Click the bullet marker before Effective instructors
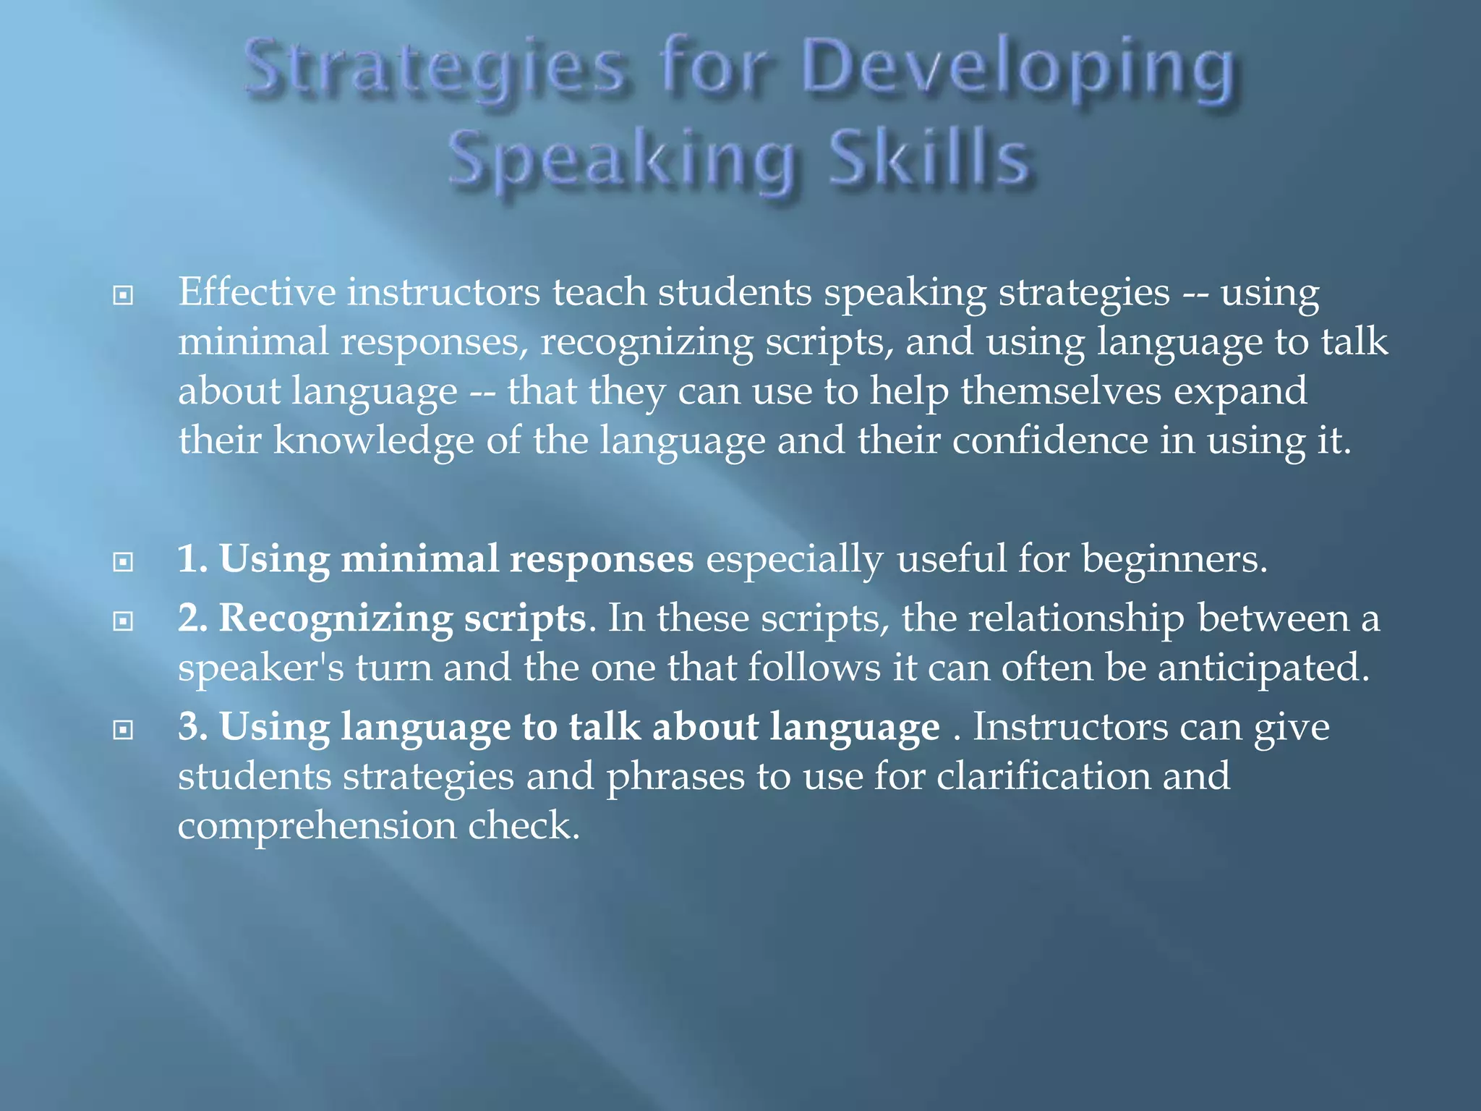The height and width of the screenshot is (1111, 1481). point(124,295)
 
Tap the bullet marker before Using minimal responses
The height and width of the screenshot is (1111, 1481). point(124,562)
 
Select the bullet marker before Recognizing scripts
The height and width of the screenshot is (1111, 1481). point(124,621)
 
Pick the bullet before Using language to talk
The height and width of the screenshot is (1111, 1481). point(124,730)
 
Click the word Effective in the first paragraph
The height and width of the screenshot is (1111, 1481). point(257,292)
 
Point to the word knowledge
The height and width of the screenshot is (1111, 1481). point(372,440)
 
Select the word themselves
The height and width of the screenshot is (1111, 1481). point(1060,391)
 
